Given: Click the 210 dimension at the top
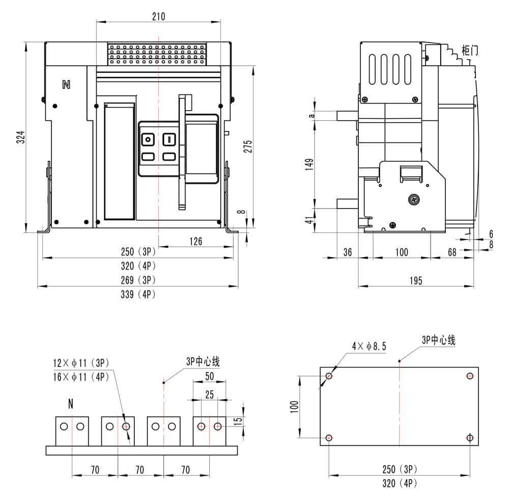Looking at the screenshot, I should pos(158,16).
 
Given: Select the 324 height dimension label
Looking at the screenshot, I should pos(20,137).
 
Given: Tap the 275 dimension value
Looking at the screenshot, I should pos(247,146).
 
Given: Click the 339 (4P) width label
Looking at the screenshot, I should pos(137,294).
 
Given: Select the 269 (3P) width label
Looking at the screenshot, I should pos(137,280).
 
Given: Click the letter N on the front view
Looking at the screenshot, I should pos(66,85).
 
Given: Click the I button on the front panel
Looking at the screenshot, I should pos(168,140).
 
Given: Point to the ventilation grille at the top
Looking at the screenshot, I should pos(157,54).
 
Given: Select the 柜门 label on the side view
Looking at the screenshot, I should pos(469,50).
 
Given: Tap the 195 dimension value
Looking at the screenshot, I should pos(416,281).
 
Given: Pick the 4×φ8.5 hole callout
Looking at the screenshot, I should pos(369,346).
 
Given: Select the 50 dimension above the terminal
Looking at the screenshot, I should pos(209,376).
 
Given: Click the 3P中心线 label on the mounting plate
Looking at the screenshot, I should pos(438,340).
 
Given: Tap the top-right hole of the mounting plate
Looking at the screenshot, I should pos(470,376).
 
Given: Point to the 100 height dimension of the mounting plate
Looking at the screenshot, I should pos(293,406).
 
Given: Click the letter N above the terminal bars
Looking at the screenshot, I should pos(71,405).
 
